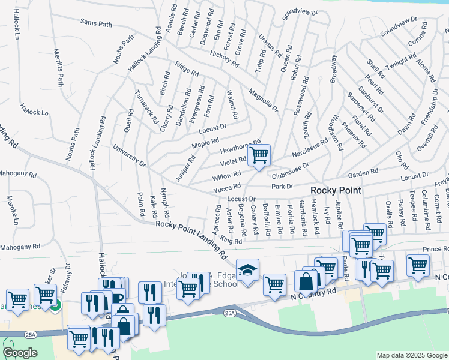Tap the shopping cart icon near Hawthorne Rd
259,155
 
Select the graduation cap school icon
246,270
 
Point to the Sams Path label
96,23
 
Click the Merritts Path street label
58,68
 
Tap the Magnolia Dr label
263,100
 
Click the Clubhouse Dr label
289,170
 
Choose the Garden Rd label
363,172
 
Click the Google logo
20,352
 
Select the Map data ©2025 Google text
411,355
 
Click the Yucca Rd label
227,188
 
